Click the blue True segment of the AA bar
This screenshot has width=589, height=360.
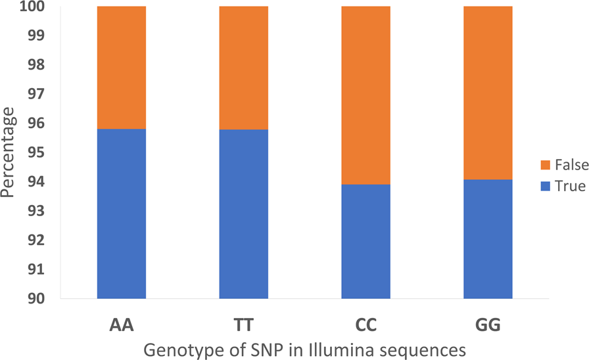point(122,214)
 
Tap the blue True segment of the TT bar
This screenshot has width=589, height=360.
point(244,214)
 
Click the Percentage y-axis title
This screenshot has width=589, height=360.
point(9,152)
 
